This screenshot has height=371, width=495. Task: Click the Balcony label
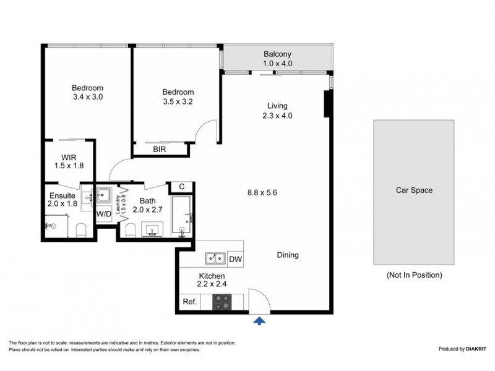pyautogui.click(x=277, y=54)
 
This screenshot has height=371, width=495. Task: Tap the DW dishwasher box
pyautogui.click(x=236, y=259)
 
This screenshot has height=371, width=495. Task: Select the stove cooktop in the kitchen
pyautogui.click(x=222, y=302)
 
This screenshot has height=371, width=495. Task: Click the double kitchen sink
pyautogui.click(x=215, y=258)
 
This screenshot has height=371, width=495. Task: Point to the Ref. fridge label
pyautogui.click(x=190, y=302)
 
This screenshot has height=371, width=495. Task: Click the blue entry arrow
pyautogui.click(x=259, y=320)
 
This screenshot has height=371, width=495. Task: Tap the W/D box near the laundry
pyautogui.click(x=103, y=213)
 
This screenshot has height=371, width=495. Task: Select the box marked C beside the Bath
pyautogui.click(x=181, y=187)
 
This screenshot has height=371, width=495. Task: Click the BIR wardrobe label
pyautogui.click(x=160, y=149)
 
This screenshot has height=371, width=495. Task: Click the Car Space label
pyautogui.click(x=414, y=190)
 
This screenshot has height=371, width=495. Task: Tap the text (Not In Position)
pyautogui.click(x=414, y=275)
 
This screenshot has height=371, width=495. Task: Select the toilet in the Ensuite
pyautogui.click(x=80, y=231)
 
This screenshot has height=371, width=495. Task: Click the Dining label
pyautogui.click(x=287, y=255)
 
